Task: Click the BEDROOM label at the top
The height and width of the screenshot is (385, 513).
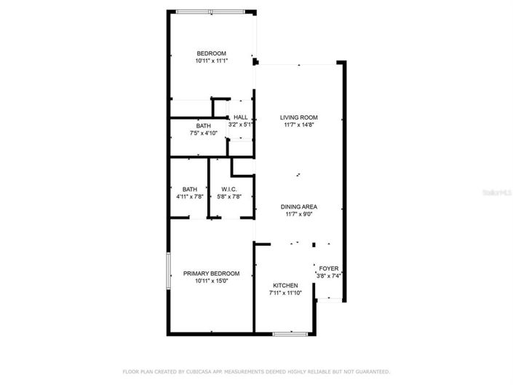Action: tap(212, 53)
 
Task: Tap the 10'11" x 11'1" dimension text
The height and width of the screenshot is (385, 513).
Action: tap(212, 61)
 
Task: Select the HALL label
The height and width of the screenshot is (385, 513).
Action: tap(240, 117)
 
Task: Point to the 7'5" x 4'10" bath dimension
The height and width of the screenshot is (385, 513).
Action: tap(203, 133)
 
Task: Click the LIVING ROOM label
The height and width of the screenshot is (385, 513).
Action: tap(299, 117)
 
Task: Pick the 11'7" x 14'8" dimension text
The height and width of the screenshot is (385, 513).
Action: tap(299, 125)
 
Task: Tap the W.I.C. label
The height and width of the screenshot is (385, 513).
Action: tap(229, 189)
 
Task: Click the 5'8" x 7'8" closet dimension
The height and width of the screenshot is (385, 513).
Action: tap(228, 197)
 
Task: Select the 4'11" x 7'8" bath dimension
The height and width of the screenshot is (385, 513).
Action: tap(189, 197)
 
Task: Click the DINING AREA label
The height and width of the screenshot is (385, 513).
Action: tap(299, 206)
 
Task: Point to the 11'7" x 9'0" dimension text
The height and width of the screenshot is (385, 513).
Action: tap(299, 214)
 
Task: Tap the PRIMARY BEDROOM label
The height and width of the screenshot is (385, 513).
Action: tap(211, 273)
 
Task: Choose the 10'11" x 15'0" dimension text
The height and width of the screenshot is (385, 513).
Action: tap(211, 281)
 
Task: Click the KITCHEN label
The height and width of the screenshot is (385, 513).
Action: tap(285, 285)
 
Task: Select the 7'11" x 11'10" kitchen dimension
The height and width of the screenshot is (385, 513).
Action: tap(285, 293)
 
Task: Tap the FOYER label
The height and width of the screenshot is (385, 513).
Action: tap(329, 268)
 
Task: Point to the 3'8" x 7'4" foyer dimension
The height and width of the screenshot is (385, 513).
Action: tap(329, 276)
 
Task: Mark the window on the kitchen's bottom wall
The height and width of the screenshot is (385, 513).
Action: tap(288, 334)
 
